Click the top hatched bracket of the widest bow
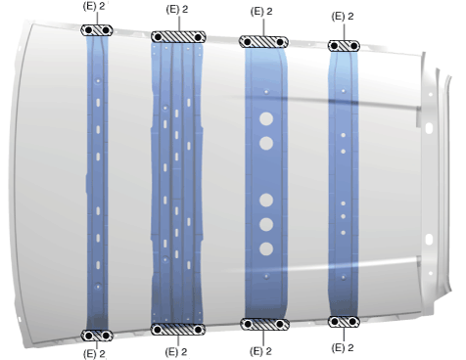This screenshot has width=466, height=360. point(178,37)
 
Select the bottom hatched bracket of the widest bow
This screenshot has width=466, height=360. point(178,330)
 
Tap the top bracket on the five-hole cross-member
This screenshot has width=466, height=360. point(263,42)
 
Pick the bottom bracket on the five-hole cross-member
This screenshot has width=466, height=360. point(264,324)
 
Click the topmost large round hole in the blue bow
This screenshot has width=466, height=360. point(266,118)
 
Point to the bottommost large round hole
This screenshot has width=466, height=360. point(266,248)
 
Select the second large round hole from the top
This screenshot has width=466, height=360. point(266,143)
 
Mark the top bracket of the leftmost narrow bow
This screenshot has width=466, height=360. point(97,30)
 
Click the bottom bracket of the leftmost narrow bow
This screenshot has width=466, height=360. point(97,336)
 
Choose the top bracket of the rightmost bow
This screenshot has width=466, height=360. point(344,46)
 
